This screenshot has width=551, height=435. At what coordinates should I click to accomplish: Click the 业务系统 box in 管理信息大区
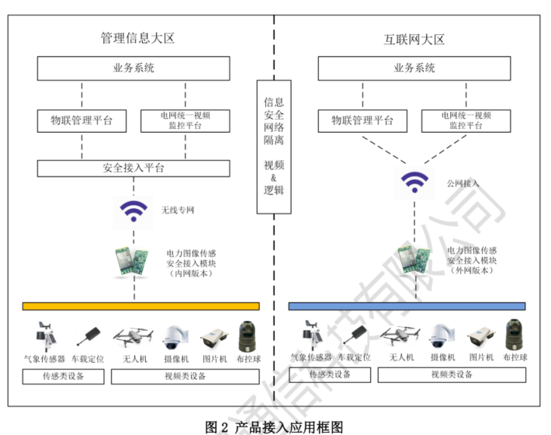click(134, 68)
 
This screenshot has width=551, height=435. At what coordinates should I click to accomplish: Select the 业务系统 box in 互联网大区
click(414, 68)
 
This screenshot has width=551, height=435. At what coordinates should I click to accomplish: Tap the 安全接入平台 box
click(134, 168)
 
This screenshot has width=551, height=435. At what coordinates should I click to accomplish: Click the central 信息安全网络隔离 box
click(274, 148)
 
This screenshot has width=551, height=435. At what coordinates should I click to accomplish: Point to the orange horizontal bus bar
click(140, 306)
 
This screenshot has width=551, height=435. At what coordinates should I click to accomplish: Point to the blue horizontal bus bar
click(407, 306)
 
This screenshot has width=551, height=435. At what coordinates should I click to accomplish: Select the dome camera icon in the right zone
click(442, 336)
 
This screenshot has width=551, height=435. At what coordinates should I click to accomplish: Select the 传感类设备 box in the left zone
click(64, 377)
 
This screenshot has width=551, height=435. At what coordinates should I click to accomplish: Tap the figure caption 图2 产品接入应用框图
click(274, 426)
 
